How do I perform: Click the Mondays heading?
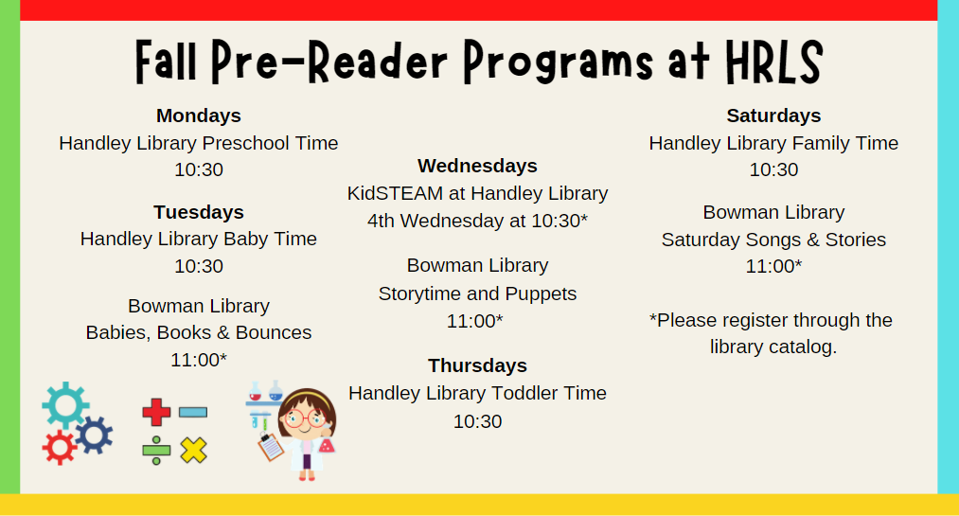click(x=198, y=116)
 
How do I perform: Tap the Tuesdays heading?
click(x=198, y=212)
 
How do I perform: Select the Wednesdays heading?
click(x=477, y=166)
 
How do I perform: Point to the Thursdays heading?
click(x=477, y=365)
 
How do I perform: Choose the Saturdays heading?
click(x=773, y=116)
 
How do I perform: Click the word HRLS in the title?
click(x=773, y=62)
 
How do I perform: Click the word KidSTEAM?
click(x=395, y=193)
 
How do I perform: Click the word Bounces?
click(x=274, y=332)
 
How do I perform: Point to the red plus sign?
click(x=156, y=412)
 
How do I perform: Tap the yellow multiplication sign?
click(x=193, y=451)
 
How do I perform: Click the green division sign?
click(x=156, y=451)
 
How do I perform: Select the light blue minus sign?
click(x=193, y=412)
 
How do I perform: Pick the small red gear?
click(x=60, y=448)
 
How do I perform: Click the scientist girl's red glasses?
click(x=305, y=418)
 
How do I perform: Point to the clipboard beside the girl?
click(x=271, y=446)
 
